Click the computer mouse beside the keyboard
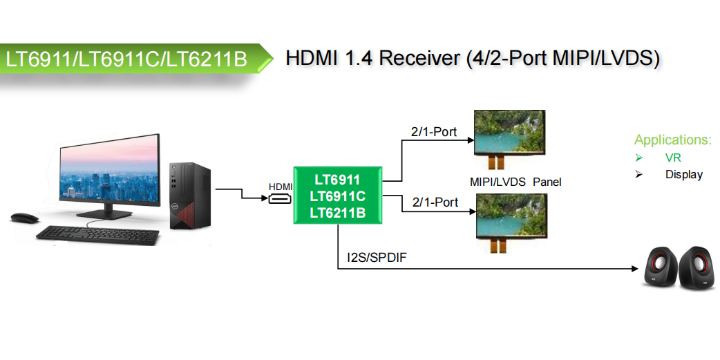(x=24, y=217)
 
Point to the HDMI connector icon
(x=280, y=199)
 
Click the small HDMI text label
(x=280, y=187)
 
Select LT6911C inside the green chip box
(x=337, y=196)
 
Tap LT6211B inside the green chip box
(x=337, y=212)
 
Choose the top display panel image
(x=511, y=134)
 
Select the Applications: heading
(x=672, y=140)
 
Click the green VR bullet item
(x=673, y=158)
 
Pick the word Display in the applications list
(x=683, y=174)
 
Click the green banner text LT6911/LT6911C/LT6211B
(x=126, y=59)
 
